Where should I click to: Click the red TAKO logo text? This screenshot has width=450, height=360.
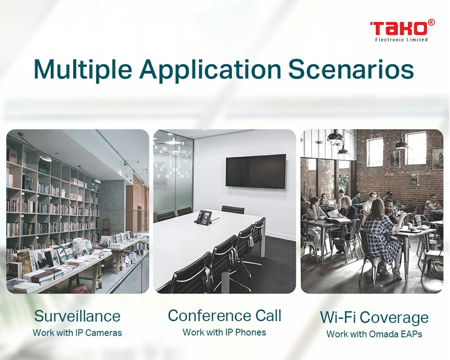pos(399,29)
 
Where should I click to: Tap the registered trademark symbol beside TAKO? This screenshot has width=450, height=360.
pos(431,23)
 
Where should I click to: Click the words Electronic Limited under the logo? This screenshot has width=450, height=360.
pos(401,40)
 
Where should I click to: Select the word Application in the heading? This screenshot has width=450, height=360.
pos(210,70)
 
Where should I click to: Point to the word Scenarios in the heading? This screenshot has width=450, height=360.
pos(351,69)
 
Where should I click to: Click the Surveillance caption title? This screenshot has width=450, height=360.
pos(77,316)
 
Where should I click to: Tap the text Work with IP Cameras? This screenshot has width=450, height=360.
pos(77,333)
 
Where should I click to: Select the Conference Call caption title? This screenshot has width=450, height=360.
pos(224,315)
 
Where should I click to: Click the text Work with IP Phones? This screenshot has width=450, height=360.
pos(224,332)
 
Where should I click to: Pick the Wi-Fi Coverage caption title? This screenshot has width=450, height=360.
pos(374,318)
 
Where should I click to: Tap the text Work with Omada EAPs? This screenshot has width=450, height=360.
pos(374,334)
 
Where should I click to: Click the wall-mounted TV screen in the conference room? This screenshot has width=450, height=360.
pos(256,171)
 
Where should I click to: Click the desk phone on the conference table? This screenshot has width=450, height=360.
pos(204,217)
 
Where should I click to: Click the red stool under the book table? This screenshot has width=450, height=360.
pos(80,288)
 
